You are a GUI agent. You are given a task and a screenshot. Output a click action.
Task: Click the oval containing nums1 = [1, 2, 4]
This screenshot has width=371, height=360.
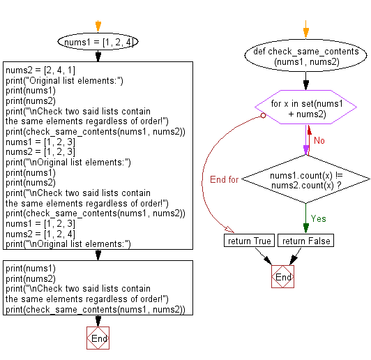(98, 42)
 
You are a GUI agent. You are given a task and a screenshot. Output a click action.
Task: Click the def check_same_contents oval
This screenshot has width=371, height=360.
(305, 57)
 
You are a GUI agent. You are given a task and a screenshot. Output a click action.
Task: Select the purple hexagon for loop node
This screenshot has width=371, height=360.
(305, 112)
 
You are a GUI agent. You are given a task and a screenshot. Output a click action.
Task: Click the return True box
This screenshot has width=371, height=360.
(249, 241)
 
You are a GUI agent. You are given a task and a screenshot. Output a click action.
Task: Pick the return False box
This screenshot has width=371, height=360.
(305, 241)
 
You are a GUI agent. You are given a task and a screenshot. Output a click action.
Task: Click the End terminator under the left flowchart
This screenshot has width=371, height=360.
(98, 338)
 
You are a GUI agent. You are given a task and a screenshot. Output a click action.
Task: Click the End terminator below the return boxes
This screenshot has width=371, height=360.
(283, 277)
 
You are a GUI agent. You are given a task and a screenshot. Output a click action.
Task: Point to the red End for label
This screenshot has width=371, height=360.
(225, 179)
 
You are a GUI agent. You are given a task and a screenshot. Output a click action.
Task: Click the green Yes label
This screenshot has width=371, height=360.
(318, 218)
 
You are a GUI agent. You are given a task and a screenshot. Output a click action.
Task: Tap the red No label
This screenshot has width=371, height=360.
(319, 140)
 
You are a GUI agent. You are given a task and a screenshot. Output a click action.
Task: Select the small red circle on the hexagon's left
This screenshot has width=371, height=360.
(262, 117)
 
